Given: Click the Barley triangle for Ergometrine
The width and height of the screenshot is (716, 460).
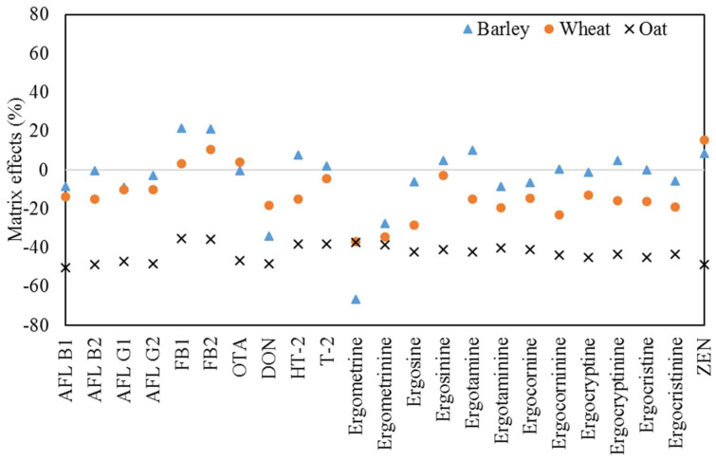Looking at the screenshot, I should [x=356, y=299].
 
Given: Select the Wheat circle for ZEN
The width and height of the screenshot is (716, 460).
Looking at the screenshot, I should [x=704, y=140].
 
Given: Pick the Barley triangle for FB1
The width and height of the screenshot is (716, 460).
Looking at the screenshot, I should [x=181, y=128].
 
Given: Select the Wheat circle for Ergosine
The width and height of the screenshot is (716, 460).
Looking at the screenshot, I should [x=413, y=225].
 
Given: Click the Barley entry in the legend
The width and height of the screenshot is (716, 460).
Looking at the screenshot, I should [x=495, y=29].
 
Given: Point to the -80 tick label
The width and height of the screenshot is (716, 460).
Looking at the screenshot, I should [x=35, y=324].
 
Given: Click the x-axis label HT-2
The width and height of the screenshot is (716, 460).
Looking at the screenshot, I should [x=298, y=356].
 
